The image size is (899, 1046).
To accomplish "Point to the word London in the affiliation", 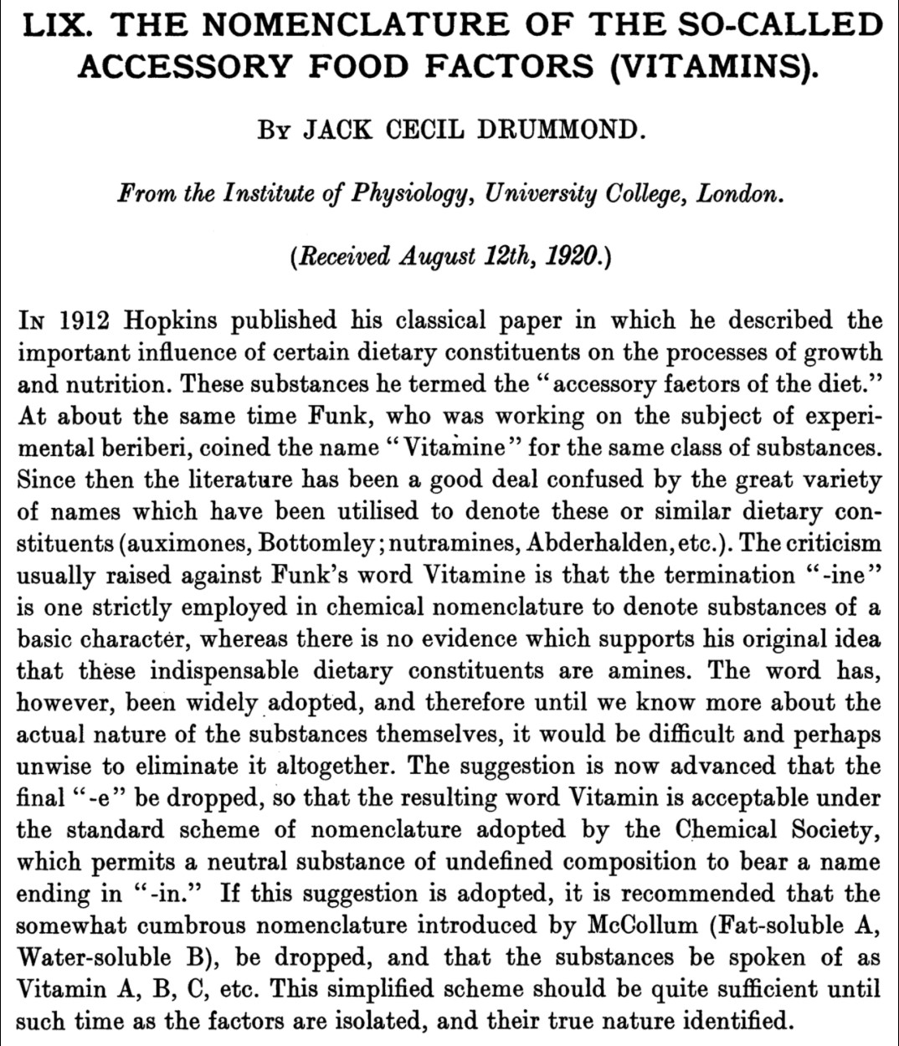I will pyautogui.click(x=740, y=193).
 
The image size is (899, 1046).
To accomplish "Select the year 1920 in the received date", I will pyautogui.click(x=573, y=254).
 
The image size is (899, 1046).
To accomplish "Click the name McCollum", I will pyautogui.click(x=642, y=925).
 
